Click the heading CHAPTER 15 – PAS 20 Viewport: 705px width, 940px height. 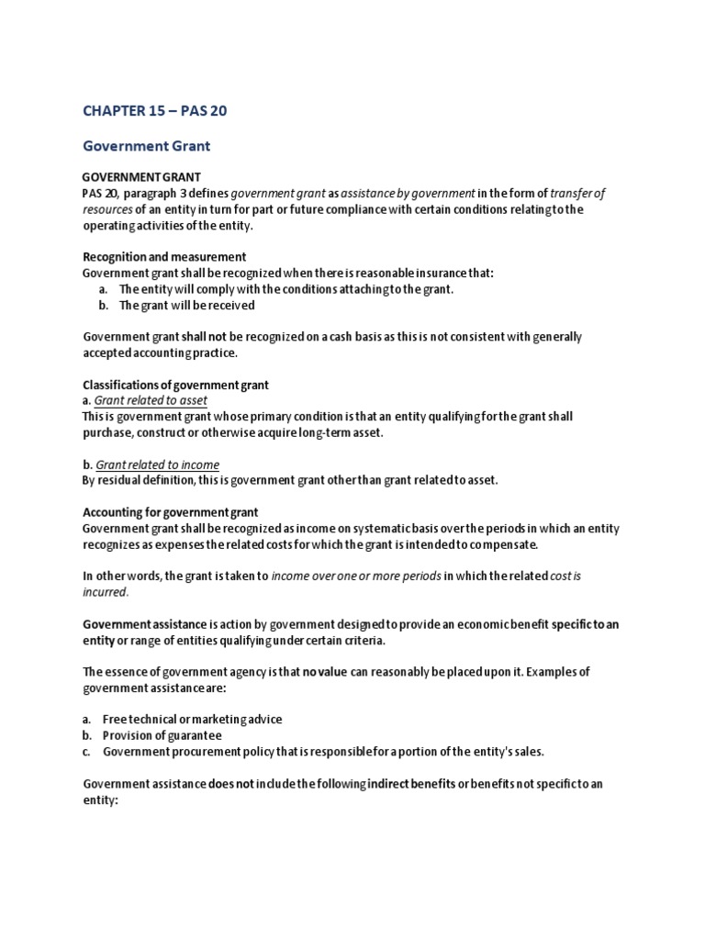tap(154, 111)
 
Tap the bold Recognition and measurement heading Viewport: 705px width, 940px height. tap(164, 257)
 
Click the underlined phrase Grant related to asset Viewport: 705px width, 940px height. tap(151, 400)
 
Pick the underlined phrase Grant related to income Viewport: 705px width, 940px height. tap(158, 464)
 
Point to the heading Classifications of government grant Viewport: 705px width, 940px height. tap(175, 385)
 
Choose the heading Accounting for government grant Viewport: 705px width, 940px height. tap(170, 512)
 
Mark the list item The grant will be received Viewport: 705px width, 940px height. tap(187, 305)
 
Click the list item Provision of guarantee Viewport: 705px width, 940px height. tap(162, 735)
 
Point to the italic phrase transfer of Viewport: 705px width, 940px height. tap(577, 193)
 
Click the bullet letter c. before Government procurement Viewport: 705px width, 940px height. tap(87, 751)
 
